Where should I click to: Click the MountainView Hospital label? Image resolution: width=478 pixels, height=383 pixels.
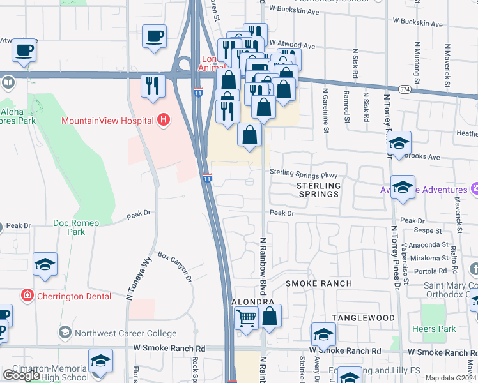106,121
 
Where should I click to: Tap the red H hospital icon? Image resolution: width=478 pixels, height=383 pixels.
164,120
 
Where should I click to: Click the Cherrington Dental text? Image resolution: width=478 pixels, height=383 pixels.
74,296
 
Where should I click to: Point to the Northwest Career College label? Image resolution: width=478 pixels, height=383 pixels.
125,333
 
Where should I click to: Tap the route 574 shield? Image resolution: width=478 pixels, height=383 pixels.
404,89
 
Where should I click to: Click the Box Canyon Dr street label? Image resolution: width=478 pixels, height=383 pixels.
175,267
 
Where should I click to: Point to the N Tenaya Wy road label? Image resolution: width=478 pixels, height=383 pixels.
139,279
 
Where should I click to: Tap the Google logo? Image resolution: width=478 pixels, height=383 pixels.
22,375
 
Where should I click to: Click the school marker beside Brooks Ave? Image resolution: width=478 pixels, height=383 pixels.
399,145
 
